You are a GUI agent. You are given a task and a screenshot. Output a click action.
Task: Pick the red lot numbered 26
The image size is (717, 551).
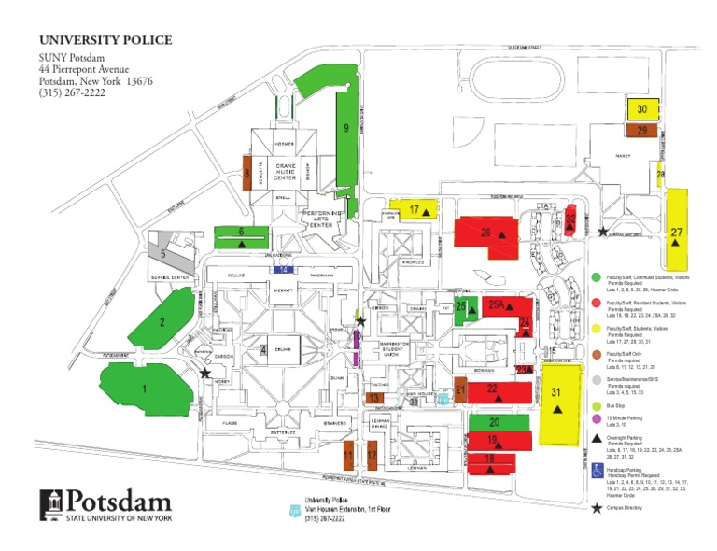tap(485, 232)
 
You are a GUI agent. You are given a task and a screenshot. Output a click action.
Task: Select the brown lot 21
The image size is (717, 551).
tap(460, 390)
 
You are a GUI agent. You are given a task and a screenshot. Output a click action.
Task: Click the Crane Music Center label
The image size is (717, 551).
tap(285, 171)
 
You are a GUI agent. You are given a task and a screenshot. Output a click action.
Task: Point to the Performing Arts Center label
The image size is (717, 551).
tap(322, 220)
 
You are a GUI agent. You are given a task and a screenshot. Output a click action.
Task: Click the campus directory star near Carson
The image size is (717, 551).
tap(204, 373)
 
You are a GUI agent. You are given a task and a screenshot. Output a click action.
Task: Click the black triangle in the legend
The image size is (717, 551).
tap(596, 437)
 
